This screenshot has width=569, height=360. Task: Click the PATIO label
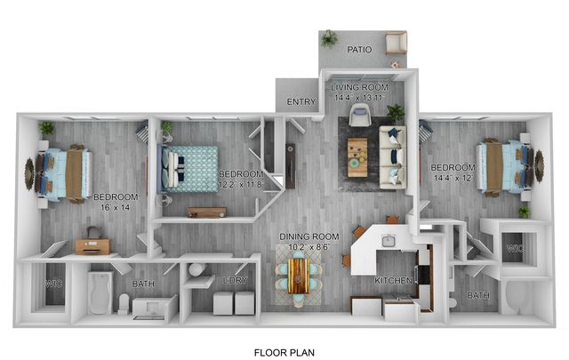pos(359,50)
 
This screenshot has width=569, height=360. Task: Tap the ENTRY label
pos(301,102)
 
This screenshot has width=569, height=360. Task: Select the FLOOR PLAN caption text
pos(284,352)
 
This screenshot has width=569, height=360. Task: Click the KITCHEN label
pos(393,281)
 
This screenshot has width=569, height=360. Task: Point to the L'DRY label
pos(234,280)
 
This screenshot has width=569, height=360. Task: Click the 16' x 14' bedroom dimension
pos(116,208)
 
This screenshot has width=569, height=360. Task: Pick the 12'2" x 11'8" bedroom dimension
pos(240,185)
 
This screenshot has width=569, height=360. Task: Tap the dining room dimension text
pos(309,247)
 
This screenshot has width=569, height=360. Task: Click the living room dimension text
pos(359,98)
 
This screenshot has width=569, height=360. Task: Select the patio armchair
pos(396,43)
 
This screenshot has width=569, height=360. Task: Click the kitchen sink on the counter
pos(389,241)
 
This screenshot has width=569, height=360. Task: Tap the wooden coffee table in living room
pos(357,157)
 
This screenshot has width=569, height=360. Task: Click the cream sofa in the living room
pos(392,157)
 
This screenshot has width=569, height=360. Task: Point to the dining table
pos(299,275)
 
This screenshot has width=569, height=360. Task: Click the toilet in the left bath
pos(124,303)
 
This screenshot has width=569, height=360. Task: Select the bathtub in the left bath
pos(100,292)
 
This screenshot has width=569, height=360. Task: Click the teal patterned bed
pos(188,169)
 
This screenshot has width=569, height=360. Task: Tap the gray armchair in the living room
pos(360,115)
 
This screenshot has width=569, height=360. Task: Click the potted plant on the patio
pos(329,38)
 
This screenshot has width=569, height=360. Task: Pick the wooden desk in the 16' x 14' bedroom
pos(92,246)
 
